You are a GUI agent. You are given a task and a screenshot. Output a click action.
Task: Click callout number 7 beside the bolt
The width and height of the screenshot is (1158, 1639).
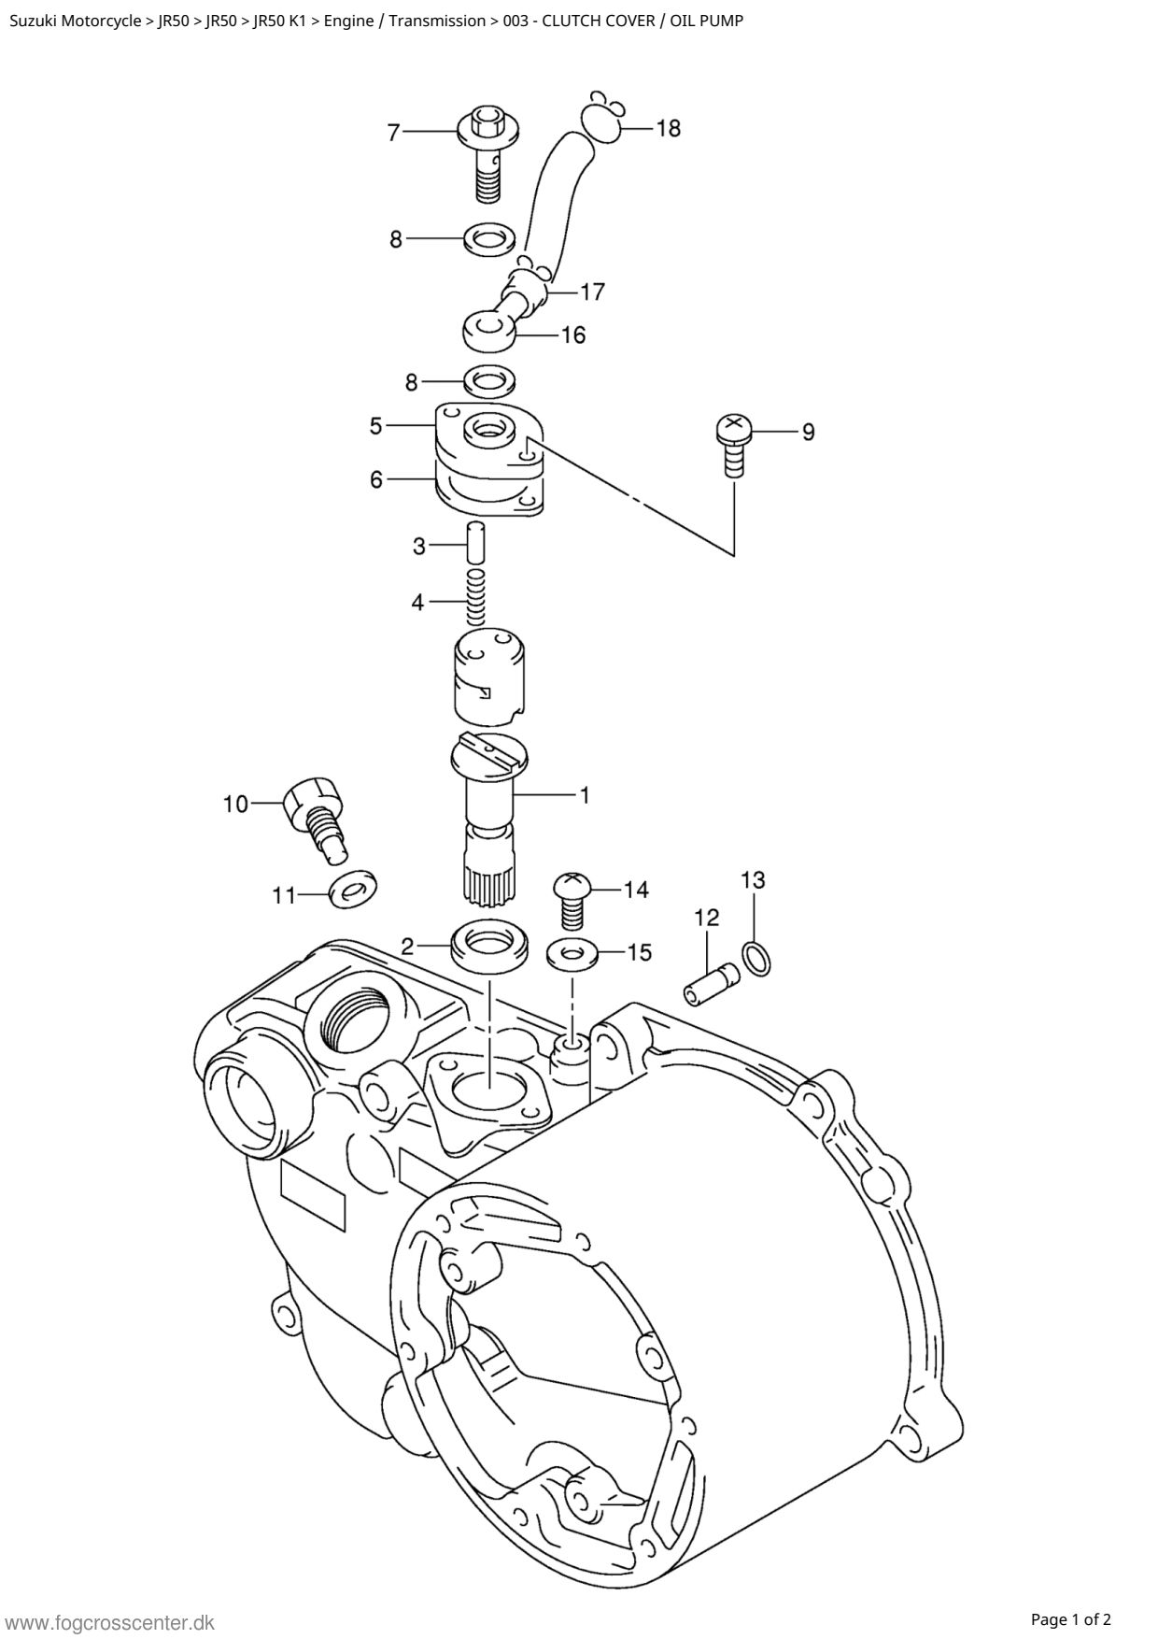pos(394,133)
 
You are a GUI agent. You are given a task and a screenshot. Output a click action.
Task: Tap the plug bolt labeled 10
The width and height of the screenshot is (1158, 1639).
pos(316,818)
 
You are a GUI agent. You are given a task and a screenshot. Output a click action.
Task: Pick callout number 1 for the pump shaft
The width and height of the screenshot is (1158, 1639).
pos(585,795)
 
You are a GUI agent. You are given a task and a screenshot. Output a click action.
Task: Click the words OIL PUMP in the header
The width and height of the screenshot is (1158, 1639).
pos(707,21)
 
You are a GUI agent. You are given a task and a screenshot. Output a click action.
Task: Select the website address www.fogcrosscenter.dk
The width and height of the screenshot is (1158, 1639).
pos(110,1622)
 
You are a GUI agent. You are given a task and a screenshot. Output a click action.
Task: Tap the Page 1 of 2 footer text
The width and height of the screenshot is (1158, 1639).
pos(1071,1619)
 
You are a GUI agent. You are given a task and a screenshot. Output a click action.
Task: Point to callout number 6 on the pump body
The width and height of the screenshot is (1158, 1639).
pos(376,479)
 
